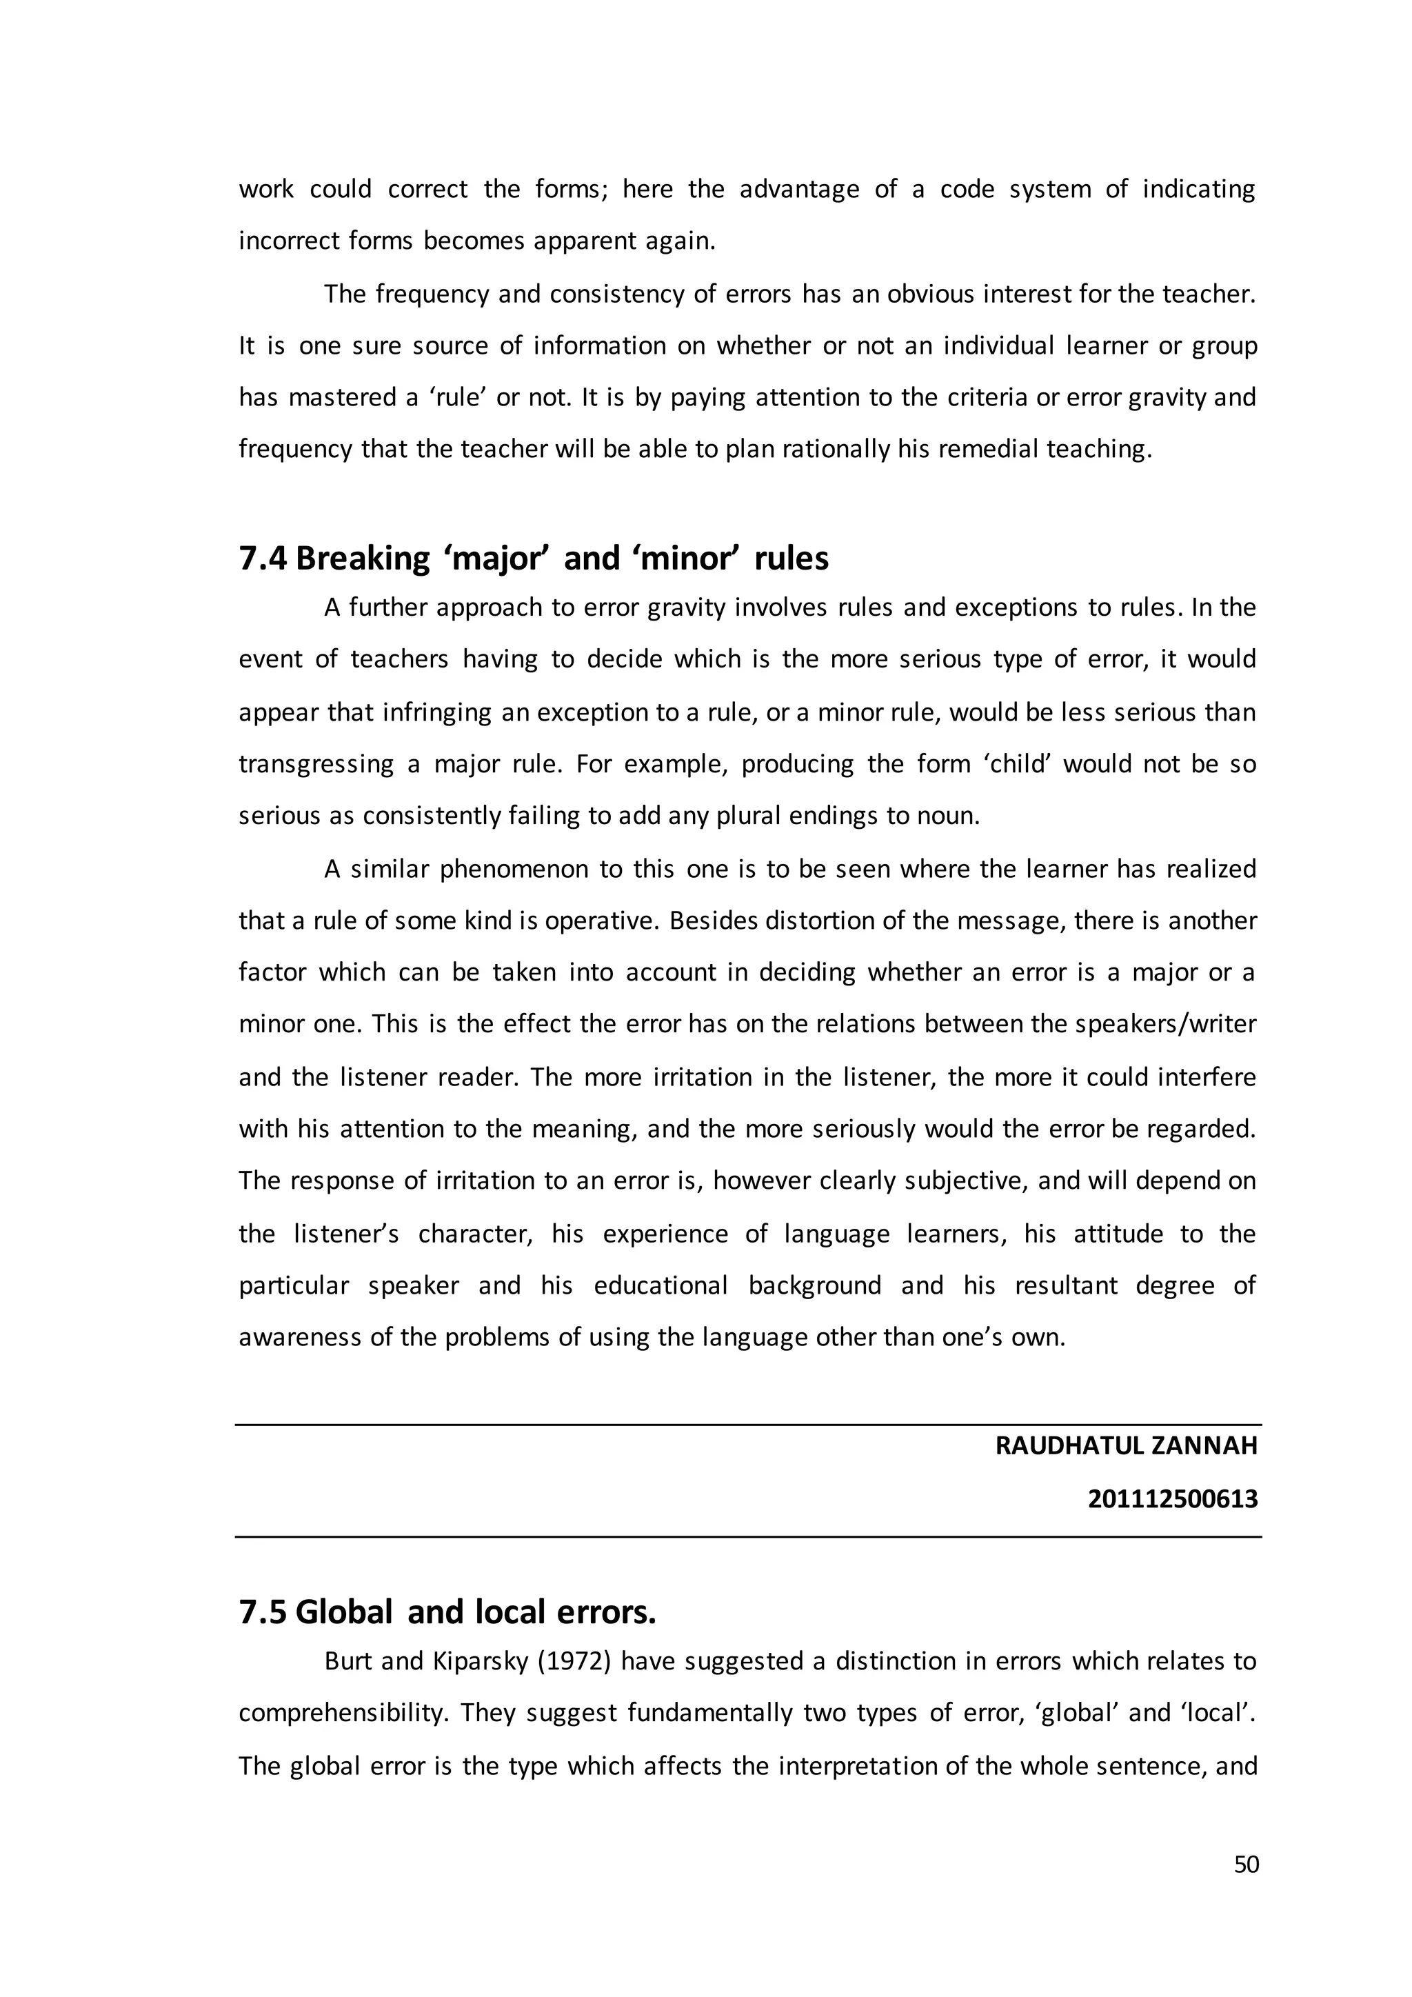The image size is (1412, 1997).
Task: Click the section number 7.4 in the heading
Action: pyautogui.click(x=263, y=559)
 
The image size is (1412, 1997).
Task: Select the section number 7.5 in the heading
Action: pyautogui.click(x=263, y=1612)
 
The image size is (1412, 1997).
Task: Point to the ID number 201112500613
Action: pyautogui.click(x=1173, y=1498)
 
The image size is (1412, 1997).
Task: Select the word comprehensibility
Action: pyautogui.click(x=343, y=1714)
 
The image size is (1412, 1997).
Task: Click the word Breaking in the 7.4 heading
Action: pyautogui.click(x=363, y=559)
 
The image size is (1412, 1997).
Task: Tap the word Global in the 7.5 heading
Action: pyautogui.click(x=344, y=1612)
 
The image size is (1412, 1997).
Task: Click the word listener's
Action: pyautogui.click(x=345, y=1234)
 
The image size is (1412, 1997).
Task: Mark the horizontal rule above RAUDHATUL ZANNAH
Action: pyautogui.click(x=748, y=1425)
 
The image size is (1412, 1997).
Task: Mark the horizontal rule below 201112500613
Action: pyautogui.click(x=748, y=1537)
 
